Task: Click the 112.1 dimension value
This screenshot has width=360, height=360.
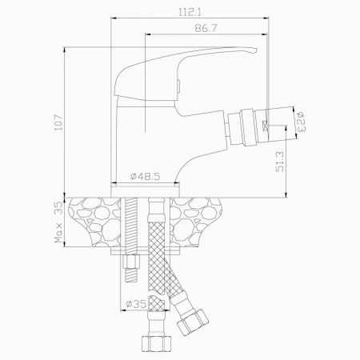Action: pyautogui.click(x=190, y=12)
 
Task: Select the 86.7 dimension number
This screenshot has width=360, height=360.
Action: pyautogui.click(x=206, y=28)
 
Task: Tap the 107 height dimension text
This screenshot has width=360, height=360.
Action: pyautogui.click(x=58, y=122)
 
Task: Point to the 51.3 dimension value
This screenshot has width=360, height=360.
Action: pyautogui.click(x=281, y=162)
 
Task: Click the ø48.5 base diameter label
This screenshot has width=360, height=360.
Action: pyautogui.click(x=146, y=176)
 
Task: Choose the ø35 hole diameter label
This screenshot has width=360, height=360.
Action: pyautogui.click(x=136, y=304)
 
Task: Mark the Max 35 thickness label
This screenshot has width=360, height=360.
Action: pyautogui.click(x=58, y=222)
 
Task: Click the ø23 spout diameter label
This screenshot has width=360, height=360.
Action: pyautogui.click(x=301, y=122)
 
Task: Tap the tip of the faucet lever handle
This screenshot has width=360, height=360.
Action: pyautogui.click(x=256, y=50)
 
